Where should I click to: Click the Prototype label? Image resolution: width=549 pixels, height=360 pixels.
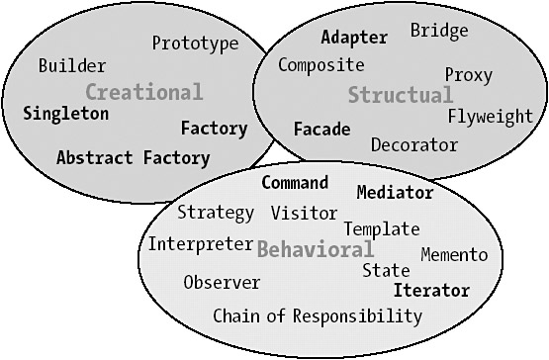pyautogui.click(x=196, y=45)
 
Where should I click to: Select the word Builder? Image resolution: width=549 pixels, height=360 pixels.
pyautogui.click(x=72, y=66)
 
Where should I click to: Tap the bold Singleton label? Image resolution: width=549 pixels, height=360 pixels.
pyautogui.click(x=66, y=114)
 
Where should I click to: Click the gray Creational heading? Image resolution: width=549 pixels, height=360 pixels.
pyautogui.click(x=144, y=92)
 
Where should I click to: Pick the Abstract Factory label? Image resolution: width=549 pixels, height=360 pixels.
pyautogui.click(x=134, y=158)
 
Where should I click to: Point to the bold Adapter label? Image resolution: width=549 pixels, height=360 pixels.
pyautogui.click(x=354, y=38)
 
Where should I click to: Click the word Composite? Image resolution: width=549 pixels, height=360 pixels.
pyautogui.click(x=321, y=65)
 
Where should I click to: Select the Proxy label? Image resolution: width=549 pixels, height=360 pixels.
pyautogui.click(x=469, y=75)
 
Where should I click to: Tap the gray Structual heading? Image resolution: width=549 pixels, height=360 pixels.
pyautogui.click(x=401, y=95)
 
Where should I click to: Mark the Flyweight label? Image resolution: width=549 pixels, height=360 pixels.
pyautogui.click(x=491, y=117)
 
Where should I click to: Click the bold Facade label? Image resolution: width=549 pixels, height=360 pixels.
pyautogui.click(x=322, y=129)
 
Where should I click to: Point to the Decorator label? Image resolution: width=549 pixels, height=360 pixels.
pyautogui.click(x=414, y=144)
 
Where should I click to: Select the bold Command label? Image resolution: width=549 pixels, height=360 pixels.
pyautogui.click(x=295, y=182)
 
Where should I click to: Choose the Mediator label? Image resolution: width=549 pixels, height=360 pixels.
pyautogui.click(x=396, y=192)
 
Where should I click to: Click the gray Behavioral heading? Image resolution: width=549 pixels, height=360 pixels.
pyautogui.click(x=316, y=249)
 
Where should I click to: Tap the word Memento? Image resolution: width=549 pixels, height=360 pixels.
pyautogui.click(x=454, y=254)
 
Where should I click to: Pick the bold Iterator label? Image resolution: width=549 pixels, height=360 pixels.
pyautogui.click(x=431, y=291)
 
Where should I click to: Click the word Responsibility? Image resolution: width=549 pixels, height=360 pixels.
pyautogui.click(x=357, y=316)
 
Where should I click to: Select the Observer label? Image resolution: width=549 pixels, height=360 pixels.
pyautogui.click(x=222, y=282)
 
